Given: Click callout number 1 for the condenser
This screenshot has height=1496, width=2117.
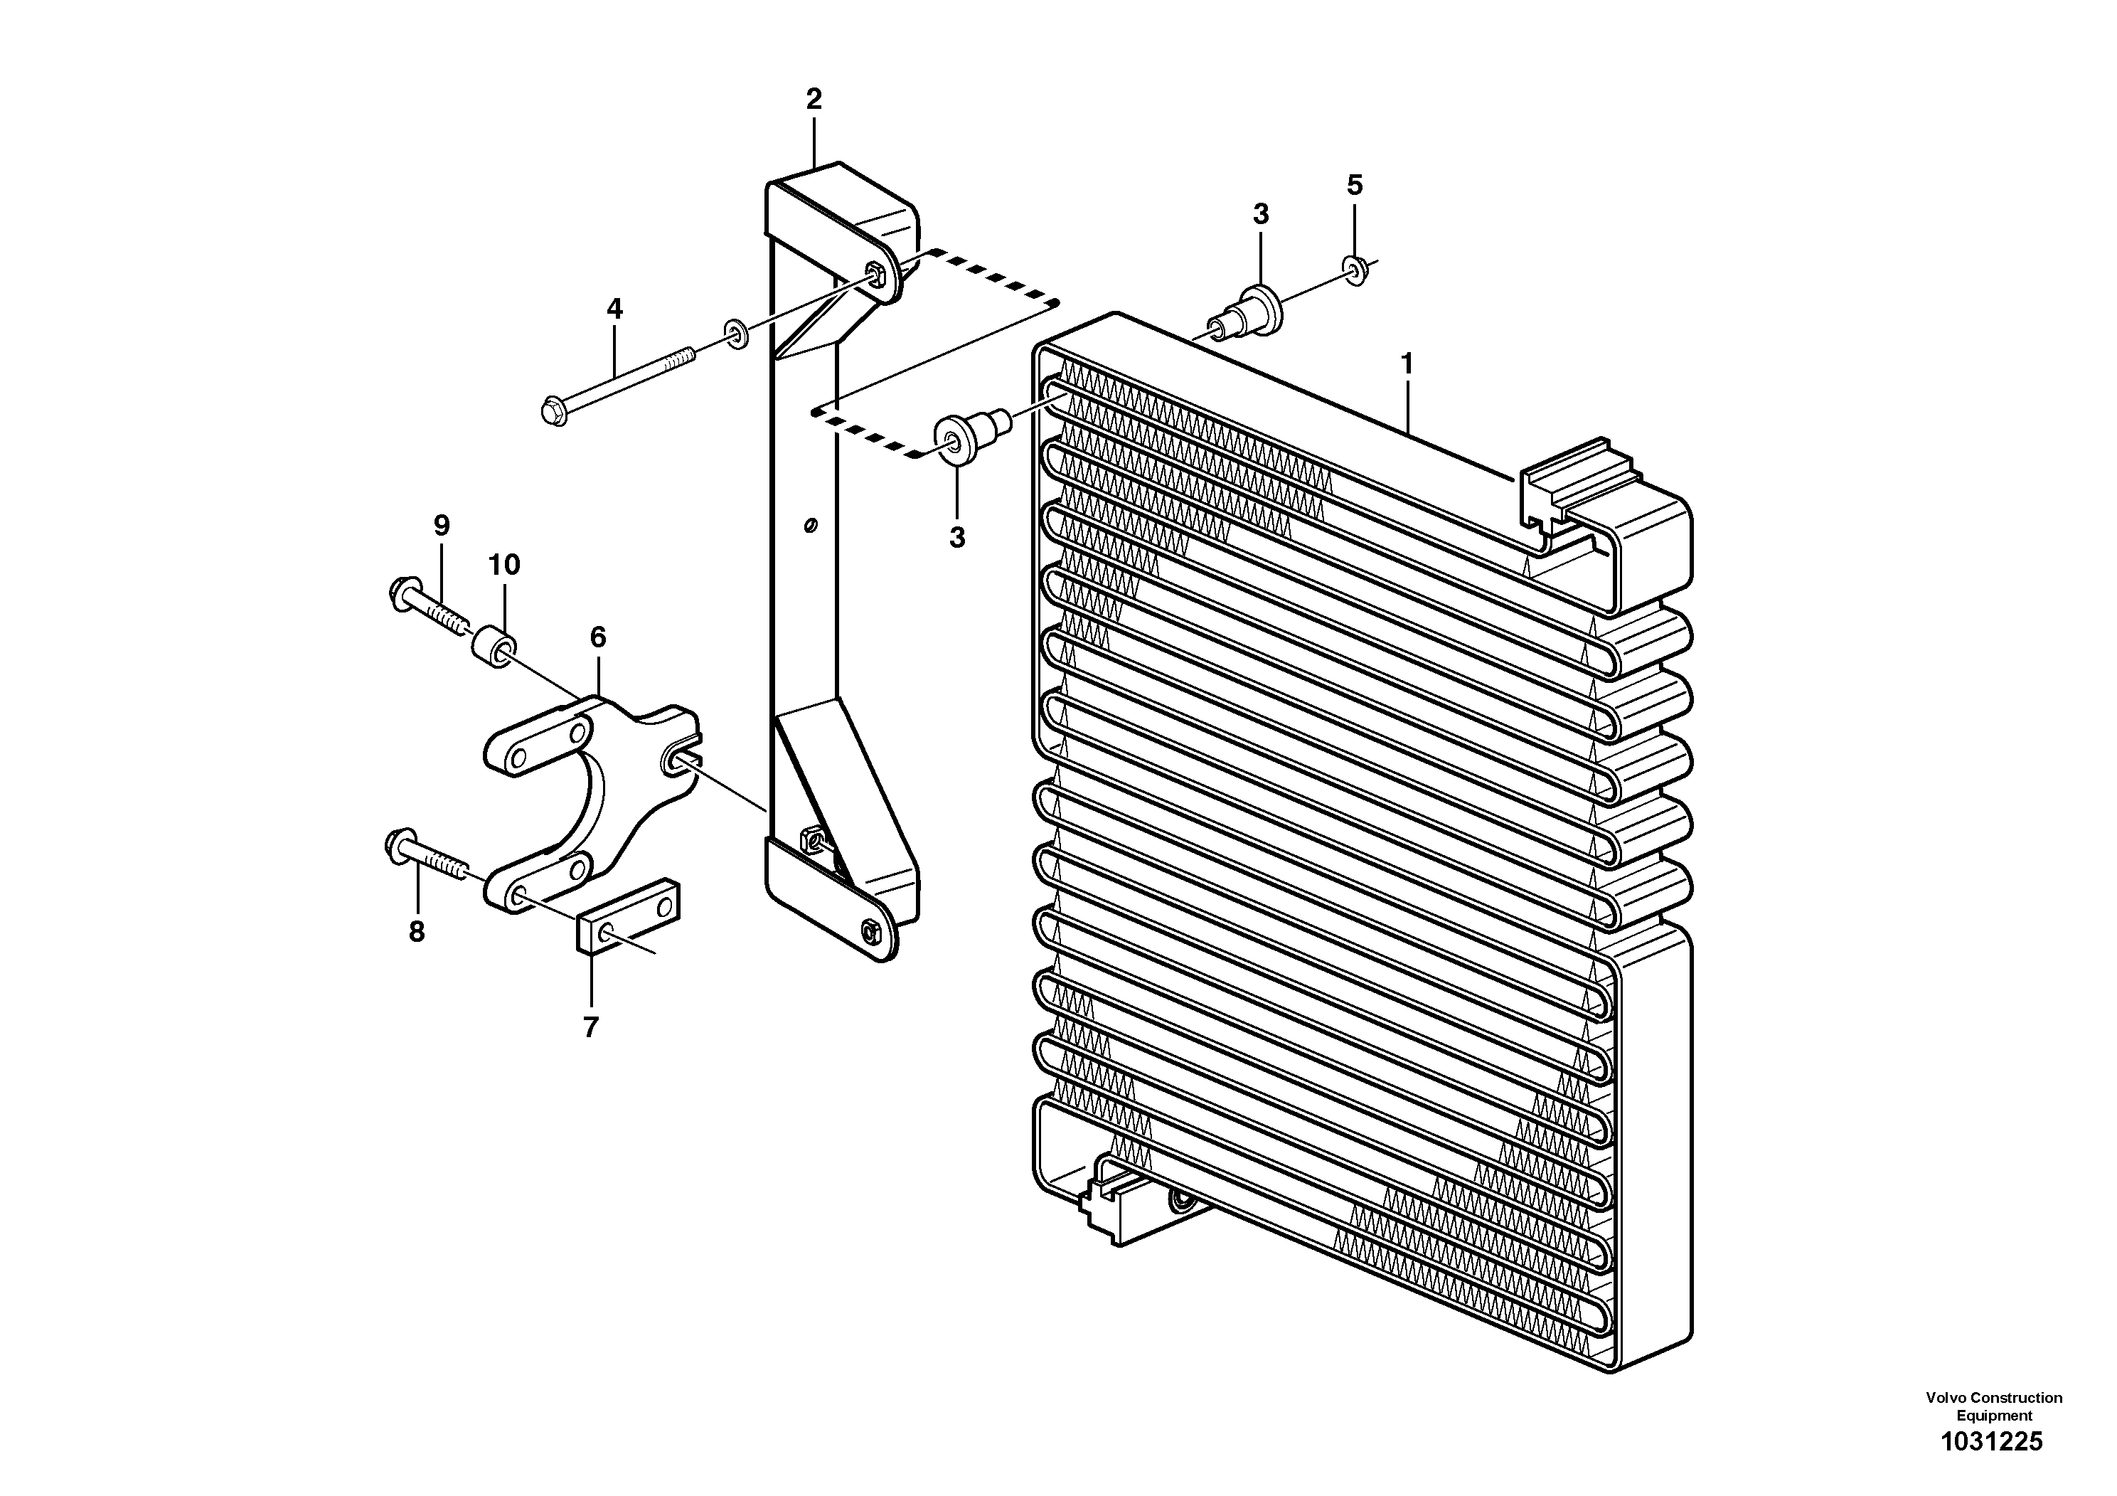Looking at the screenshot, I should (x=1407, y=365).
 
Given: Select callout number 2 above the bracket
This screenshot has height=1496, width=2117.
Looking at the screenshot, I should (x=814, y=99).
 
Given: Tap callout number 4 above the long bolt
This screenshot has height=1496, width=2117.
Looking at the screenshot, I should (x=615, y=309).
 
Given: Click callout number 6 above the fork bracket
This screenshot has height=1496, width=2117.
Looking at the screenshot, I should (x=597, y=637).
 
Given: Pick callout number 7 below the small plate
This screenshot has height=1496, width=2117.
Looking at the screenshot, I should (x=591, y=1026).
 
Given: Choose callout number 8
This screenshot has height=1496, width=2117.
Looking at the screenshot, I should (x=417, y=933).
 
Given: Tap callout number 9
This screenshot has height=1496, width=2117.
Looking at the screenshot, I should (x=442, y=526).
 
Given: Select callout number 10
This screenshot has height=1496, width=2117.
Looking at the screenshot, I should (x=504, y=564).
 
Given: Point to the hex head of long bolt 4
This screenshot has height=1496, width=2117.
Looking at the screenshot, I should (x=553, y=410).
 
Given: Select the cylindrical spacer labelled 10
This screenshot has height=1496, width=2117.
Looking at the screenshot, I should (x=494, y=646).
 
